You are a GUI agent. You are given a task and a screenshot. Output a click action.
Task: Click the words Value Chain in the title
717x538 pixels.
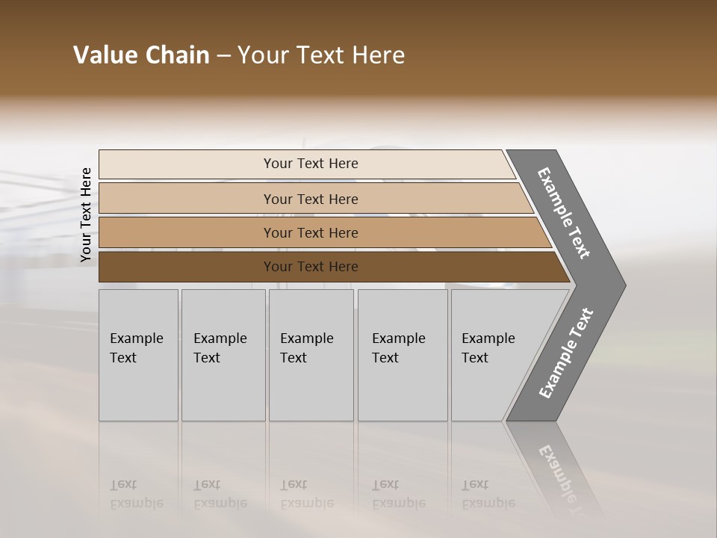tap(141, 55)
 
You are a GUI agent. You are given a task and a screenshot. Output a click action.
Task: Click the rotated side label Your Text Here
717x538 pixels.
tap(86, 215)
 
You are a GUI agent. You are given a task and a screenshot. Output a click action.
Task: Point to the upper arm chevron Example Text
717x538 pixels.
tap(564, 213)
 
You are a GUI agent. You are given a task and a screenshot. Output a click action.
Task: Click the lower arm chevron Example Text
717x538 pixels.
tap(565, 353)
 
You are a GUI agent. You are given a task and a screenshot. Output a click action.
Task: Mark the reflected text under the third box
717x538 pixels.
tap(306, 494)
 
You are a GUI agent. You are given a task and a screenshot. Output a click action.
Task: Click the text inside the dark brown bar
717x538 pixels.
tap(311, 267)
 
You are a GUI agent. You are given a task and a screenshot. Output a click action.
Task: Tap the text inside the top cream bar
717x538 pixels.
tap(311, 164)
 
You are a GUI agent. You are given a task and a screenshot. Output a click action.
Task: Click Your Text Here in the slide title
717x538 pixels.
tap(321, 55)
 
